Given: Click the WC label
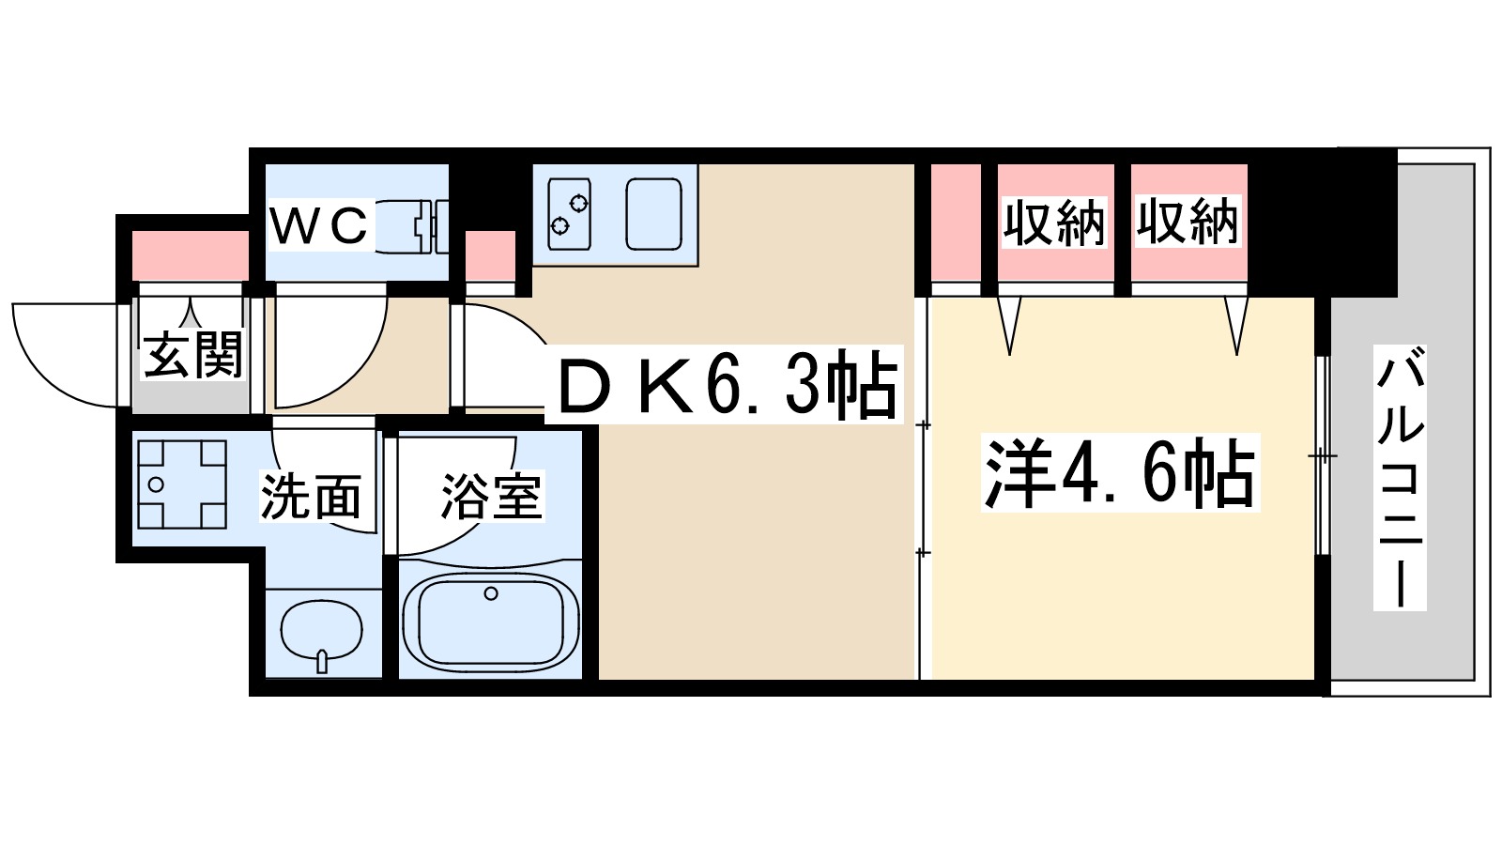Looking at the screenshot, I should click(319, 225).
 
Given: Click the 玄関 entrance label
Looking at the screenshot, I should click(192, 354).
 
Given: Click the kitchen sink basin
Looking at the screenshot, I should click(653, 214).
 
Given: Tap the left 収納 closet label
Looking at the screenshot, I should click(1054, 223).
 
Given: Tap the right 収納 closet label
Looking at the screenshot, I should click(1188, 223).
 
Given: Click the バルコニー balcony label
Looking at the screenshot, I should click(1400, 478).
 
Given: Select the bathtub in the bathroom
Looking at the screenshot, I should click(490, 622).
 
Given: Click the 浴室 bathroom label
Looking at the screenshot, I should click(490, 497).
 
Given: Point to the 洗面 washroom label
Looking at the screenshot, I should click(311, 497).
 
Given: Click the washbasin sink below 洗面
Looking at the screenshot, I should click(322, 632).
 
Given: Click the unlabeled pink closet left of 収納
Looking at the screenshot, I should click(956, 223).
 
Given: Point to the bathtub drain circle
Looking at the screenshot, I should click(490, 593).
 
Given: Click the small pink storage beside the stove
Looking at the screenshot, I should click(491, 254).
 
